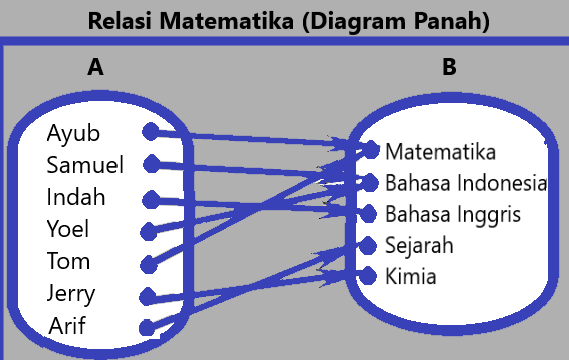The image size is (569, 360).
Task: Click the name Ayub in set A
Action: tap(73, 133)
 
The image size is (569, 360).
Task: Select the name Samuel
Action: tap(85, 165)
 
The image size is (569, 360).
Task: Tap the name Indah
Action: tap(75, 197)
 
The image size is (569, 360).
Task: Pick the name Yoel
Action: tap(68, 229)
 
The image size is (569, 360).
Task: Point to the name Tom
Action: tap(68, 261)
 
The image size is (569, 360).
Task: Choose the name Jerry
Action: tap(71, 293)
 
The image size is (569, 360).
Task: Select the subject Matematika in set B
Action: tap(440, 152)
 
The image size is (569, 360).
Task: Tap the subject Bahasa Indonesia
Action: tap(465, 183)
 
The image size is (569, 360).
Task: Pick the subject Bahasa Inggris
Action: tap(453, 214)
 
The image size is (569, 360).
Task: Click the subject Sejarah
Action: tap(419, 245)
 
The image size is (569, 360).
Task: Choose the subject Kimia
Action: tap(410, 276)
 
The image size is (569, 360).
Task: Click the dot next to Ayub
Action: tap(150, 132)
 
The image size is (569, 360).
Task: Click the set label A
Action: tap(95, 67)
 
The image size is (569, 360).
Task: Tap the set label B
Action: tap(449, 67)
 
